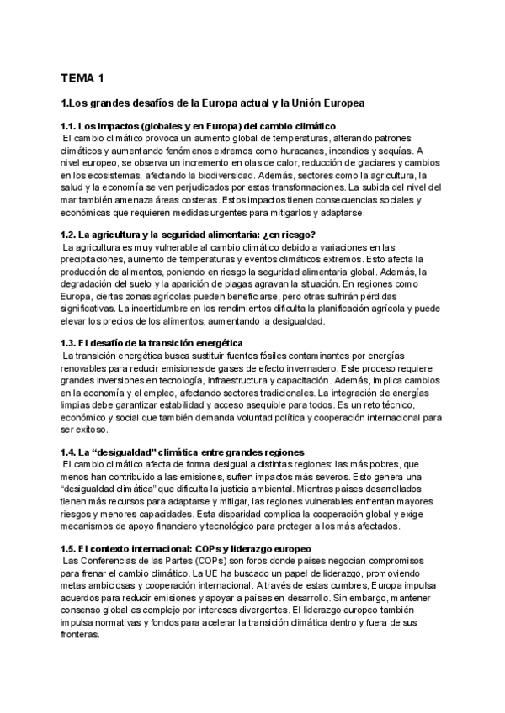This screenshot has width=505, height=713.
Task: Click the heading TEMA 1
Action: click(82, 79)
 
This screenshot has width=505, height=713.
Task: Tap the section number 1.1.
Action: click(72, 126)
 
